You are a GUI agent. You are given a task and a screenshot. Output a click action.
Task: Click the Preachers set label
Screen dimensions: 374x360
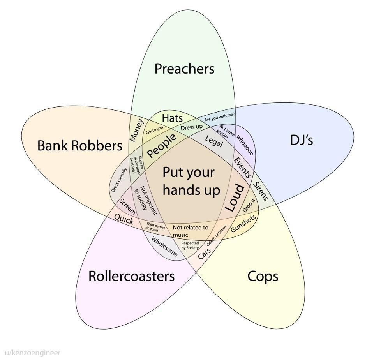click(x=184, y=69)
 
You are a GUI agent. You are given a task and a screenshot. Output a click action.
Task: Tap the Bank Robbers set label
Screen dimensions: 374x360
click(x=80, y=145)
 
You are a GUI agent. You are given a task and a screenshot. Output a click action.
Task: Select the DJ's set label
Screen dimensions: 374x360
click(x=302, y=140)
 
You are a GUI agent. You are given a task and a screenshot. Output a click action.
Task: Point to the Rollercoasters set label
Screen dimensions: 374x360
click(x=131, y=276)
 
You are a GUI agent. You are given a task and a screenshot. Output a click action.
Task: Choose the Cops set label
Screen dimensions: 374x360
click(x=263, y=277)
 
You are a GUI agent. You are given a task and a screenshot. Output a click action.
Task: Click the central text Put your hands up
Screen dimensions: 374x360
click(x=191, y=181)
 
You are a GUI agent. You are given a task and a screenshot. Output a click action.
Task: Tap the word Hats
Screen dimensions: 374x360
click(x=172, y=118)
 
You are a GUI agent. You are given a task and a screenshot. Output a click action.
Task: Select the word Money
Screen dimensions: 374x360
click(x=136, y=130)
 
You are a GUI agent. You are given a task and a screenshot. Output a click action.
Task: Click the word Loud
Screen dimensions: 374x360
click(x=235, y=198)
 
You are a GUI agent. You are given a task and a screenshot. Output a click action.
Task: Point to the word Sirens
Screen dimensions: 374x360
click(x=261, y=191)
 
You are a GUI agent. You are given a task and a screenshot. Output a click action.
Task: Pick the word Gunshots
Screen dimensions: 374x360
click(x=243, y=223)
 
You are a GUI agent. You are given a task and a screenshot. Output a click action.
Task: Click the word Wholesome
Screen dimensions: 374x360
click(x=164, y=247)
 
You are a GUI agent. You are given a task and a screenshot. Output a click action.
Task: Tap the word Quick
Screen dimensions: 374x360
click(x=124, y=219)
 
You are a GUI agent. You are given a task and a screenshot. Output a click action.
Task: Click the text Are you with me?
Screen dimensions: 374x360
click(x=219, y=116)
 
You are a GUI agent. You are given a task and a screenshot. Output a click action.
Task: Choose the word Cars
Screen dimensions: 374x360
click(x=205, y=253)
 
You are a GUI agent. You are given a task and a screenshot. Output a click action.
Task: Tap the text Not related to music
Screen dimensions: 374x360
click(x=191, y=231)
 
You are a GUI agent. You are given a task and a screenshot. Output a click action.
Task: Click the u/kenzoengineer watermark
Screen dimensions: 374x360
click(x=30, y=353)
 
